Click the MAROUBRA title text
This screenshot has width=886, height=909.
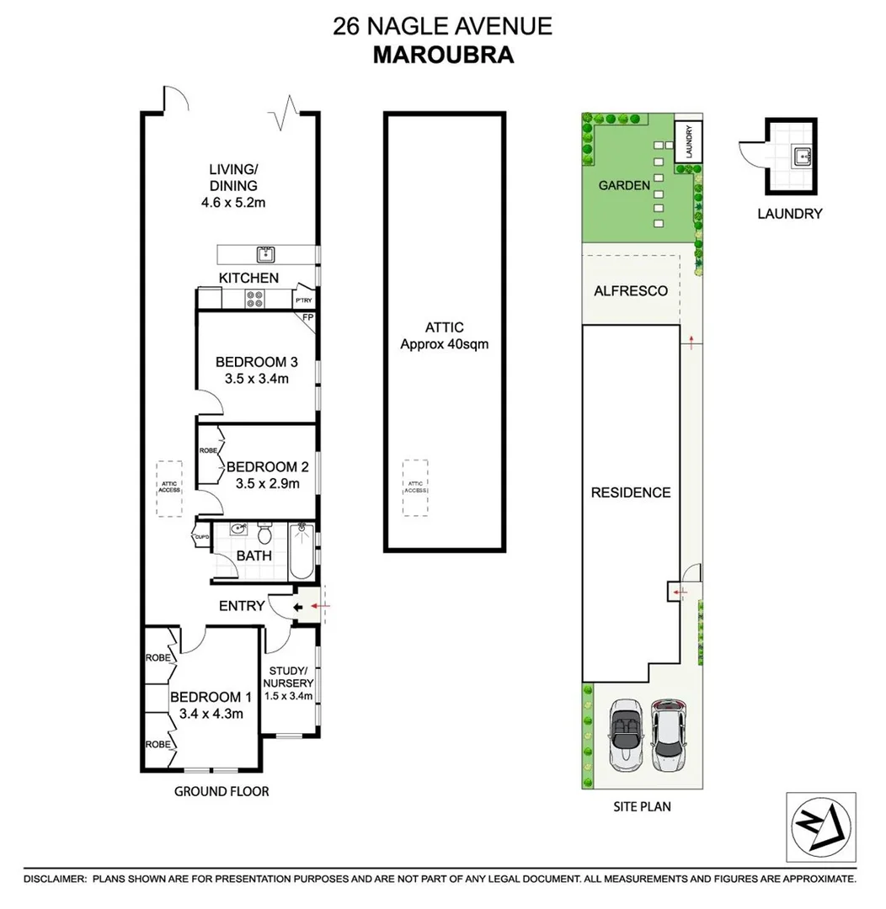tap(443, 55)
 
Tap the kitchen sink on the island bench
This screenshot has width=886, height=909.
tap(264, 254)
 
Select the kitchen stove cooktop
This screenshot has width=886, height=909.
tap(255, 299)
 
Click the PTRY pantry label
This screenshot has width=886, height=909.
tap(303, 300)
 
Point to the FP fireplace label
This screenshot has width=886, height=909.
tap(308, 319)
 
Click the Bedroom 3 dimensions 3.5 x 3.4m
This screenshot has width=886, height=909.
tap(257, 379)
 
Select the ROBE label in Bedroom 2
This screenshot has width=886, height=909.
tap(207, 451)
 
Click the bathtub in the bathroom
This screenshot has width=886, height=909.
tap(302, 550)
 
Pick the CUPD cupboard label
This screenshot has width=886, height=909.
tap(201, 537)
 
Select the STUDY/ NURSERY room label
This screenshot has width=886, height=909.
tap(291, 677)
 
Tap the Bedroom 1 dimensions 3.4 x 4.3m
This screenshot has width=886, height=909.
tap(211, 715)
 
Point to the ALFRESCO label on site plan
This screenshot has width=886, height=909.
tap(631, 290)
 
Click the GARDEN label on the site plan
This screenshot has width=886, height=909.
tap(623, 185)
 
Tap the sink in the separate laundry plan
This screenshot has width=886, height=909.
tap(802, 154)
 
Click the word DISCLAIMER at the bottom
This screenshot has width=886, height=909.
tap(55, 879)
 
